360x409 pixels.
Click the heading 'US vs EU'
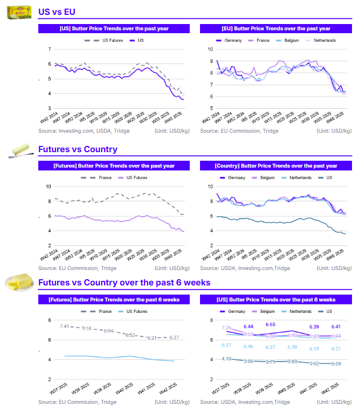tap(57, 11)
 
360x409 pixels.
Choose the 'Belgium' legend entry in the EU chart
tap(290, 41)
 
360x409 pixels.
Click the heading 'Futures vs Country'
tap(77, 149)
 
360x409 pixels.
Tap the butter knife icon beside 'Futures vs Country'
tap(22, 150)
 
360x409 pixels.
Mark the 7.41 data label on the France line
tap(65, 326)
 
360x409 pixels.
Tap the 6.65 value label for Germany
tap(270, 324)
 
